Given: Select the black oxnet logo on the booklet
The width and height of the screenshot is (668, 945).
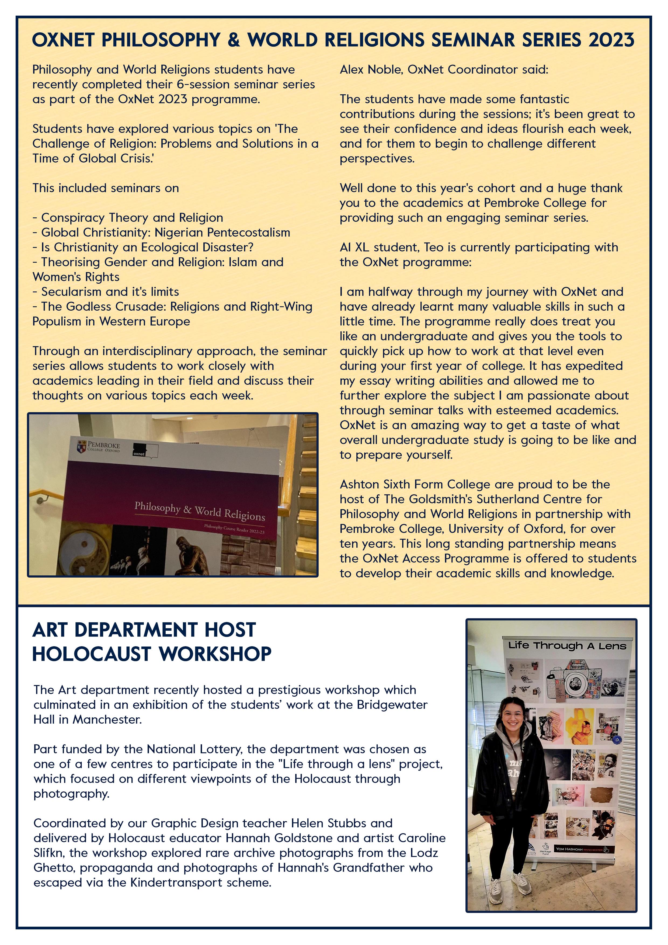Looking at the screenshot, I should pos(139,449).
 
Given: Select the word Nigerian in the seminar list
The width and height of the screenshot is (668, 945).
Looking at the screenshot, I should pos(179,232).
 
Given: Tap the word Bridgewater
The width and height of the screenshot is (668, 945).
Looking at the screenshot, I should pos(392,705).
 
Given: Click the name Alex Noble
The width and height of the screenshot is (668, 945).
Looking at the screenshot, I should pos(371,70).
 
